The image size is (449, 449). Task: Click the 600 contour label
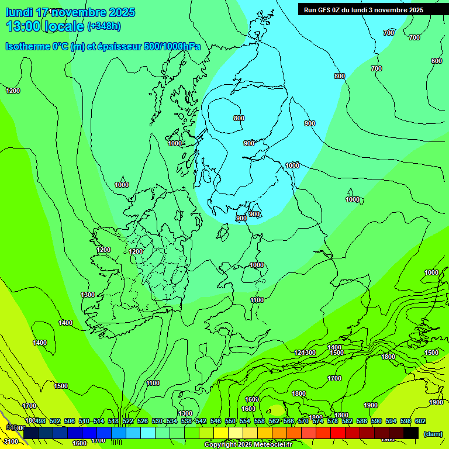(x=436, y=61)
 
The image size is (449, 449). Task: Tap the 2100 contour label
(x=10, y=441)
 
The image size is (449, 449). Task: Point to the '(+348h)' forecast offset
(x=104, y=26)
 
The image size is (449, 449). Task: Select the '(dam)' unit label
(x=433, y=433)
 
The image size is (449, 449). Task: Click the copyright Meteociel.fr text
(x=248, y=445)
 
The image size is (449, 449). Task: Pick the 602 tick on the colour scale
(x=420, y=421)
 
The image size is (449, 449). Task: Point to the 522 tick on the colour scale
(x=128, y=421)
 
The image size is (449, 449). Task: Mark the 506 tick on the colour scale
(x=70, y=421)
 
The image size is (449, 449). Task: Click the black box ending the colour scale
(x=411, y=433)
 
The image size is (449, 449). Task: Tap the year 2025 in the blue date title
(x=122, y=12)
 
